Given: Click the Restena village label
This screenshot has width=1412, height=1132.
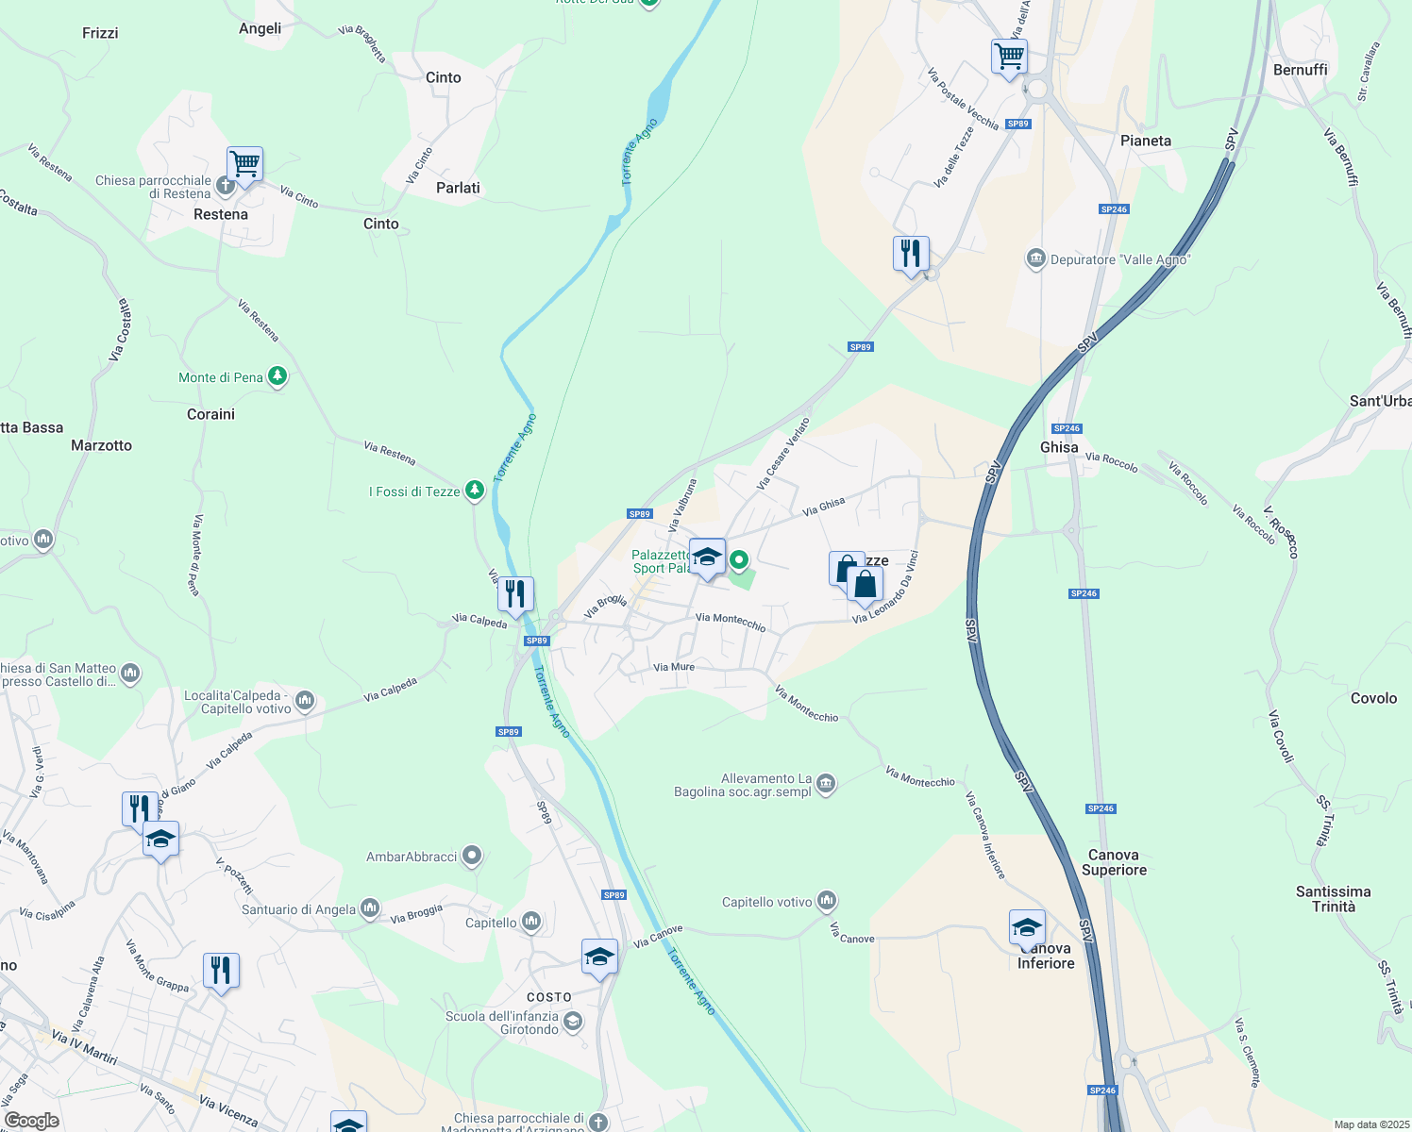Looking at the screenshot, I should coord(221,214).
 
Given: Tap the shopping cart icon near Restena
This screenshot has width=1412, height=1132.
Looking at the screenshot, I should coord(244,165).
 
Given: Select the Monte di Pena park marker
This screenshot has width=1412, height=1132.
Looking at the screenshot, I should coord(277,377).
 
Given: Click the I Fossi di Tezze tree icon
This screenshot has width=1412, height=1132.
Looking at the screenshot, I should coord(475,491).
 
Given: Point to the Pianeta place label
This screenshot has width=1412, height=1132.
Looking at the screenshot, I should coord(1145,141).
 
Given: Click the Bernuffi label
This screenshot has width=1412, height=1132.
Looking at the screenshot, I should coord(1300,70).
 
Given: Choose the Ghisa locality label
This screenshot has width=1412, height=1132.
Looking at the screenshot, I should coord(1059,447).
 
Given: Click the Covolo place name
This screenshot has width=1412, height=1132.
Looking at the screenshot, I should coord(1373,698).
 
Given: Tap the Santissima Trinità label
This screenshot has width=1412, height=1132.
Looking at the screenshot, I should coord(1333,899).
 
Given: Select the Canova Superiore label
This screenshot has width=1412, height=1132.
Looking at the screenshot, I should coord(1114,862).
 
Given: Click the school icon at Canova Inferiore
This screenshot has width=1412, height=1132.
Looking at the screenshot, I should coord(1027,926).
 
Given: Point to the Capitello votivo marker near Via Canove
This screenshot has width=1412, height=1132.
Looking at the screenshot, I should coord(827,902).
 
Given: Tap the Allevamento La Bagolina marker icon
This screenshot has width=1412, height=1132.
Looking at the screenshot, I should coord(826,784).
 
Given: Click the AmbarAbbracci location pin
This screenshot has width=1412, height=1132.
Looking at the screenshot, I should coord(472,857).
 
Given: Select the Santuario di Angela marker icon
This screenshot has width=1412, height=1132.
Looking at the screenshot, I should coord(370,909).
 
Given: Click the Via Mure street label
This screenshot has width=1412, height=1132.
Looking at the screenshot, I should coord(674,667).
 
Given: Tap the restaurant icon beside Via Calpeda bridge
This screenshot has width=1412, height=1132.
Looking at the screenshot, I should coord(515,594).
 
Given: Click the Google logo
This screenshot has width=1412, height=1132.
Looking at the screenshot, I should coord(32,1121).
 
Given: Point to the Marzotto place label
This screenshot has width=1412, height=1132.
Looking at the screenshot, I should coord(102,445).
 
